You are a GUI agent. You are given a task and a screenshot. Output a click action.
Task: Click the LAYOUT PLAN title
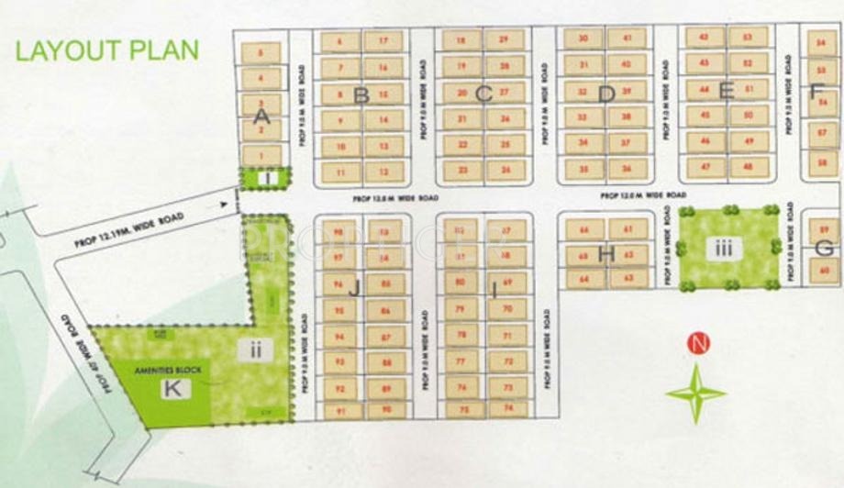107,50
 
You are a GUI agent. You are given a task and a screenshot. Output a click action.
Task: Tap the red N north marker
699,345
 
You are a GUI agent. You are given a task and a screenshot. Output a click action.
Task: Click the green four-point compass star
696,393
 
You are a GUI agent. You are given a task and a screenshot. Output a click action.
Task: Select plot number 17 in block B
383,41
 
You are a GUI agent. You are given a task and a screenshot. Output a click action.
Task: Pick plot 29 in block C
503,40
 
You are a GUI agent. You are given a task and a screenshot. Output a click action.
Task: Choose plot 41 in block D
627,39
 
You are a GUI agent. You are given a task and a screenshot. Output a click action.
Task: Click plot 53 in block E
749,38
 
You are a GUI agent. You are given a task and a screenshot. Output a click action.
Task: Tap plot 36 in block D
627,169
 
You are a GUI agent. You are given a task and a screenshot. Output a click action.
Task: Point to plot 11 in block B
340,172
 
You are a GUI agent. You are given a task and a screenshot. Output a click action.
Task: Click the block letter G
824,248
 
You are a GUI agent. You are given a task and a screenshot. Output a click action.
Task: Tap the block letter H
605,254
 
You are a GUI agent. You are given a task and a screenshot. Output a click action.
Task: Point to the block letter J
353,286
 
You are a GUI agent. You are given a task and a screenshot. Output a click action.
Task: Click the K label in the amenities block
172,389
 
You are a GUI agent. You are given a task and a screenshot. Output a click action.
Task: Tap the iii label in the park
726,247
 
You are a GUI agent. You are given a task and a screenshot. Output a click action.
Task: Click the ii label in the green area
254,349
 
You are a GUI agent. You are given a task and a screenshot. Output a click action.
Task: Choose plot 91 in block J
340,411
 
